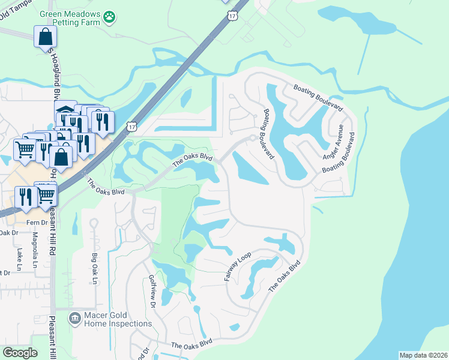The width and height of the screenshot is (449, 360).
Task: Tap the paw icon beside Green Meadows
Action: coord(109,18)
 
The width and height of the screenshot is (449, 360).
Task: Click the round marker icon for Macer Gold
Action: coord(74,317)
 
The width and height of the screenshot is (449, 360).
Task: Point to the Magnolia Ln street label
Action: coord(35,250)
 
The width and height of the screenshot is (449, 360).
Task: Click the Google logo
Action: coord(20,352)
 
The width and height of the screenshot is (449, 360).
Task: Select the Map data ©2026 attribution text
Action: coord(423,355)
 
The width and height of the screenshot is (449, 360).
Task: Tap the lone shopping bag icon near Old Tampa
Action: coord(46,37)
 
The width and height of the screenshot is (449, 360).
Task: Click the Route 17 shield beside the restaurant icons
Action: coord(131,126)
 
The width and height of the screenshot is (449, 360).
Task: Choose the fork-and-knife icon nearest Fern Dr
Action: coord(26,197)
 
